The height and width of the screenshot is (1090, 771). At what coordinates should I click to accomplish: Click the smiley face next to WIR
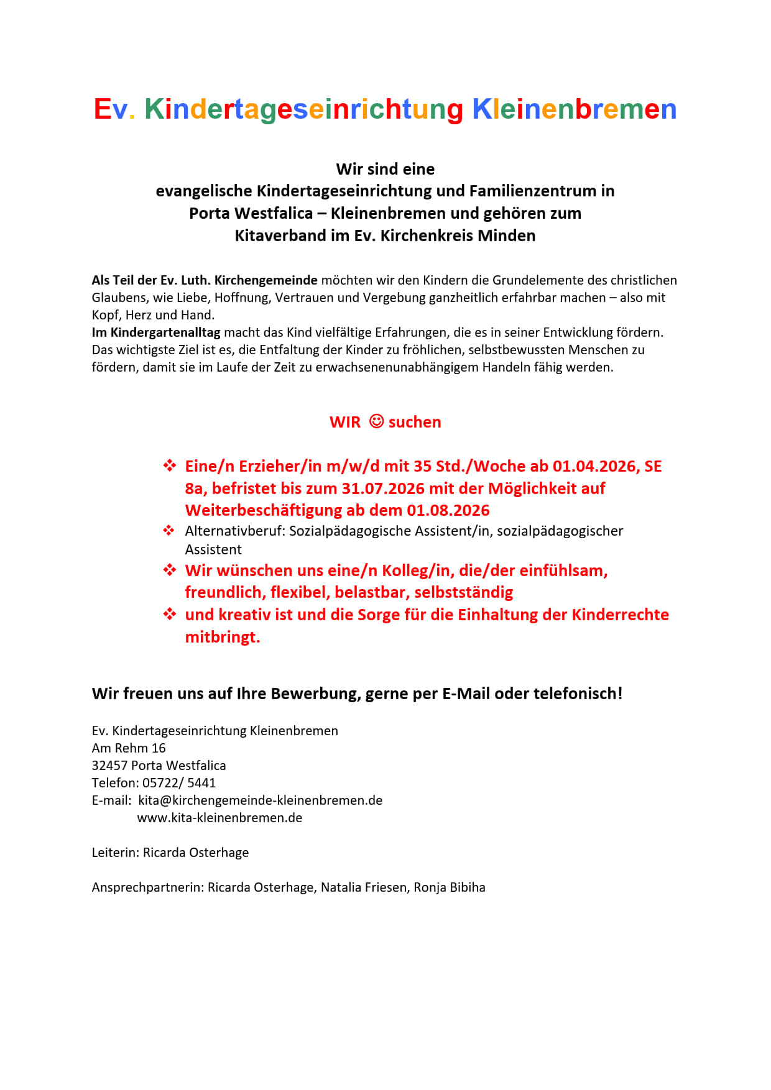(376, 421)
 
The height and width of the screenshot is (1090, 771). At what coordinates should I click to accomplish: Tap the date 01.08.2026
(448, 510)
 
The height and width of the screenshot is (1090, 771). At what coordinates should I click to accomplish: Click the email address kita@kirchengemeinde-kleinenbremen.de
(260, 800)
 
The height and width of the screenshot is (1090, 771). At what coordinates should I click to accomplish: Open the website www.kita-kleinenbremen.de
(219, 818)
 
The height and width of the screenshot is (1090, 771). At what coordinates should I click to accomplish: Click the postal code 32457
(109, 766)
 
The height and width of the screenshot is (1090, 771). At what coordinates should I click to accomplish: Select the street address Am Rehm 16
(129, 748)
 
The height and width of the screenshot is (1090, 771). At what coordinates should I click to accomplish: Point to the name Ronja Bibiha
(450, 887)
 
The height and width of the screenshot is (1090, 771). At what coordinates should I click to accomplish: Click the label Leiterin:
(116, 853)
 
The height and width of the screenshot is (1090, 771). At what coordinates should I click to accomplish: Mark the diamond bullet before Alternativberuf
(169, 531)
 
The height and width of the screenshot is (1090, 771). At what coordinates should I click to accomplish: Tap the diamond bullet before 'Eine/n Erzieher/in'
(169, 465)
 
